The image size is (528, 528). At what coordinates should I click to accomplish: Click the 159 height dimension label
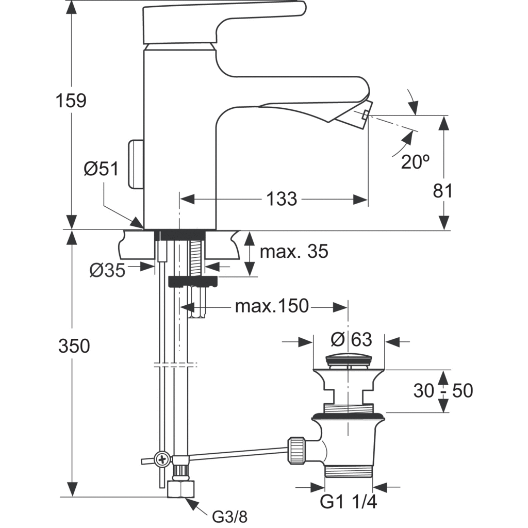pyautogui.click(x=72, y=101)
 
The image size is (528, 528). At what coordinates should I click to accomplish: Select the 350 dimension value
pyautogui.click(x=74, y=346)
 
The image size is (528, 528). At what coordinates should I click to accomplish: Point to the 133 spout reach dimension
pyautogui.click(x=283, y=199)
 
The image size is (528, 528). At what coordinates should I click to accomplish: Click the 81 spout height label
pyautogui.click(x=442, y=191)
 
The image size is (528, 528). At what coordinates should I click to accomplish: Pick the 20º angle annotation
pyautogui.click(x=415, y=162)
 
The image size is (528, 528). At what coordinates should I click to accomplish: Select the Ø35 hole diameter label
pyautogui.click(x=107, y=270)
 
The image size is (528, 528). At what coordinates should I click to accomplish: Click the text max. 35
pyautogui.click(x=293, y=252)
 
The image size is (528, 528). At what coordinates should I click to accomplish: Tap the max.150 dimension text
pyautogui.click(x=272, y=306)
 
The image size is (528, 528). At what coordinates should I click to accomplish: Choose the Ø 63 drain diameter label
pyautogui.click(x=352, y=340)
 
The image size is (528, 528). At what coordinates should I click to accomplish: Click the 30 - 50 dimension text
pyautogui.click(x=442, y=391)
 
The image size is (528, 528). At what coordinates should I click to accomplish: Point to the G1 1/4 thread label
pyautogui.click(x=349, y=502)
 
